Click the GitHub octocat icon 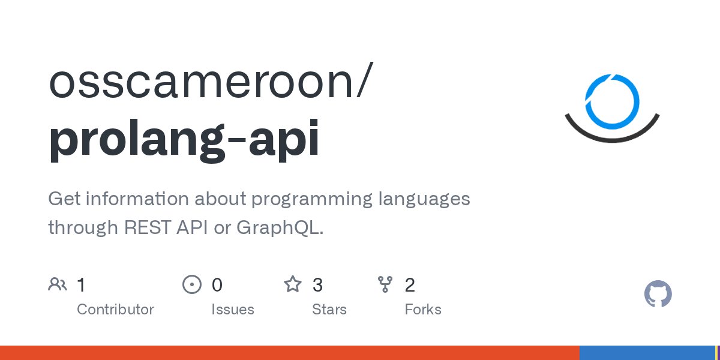coord(658,295)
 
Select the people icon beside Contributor coord(58,284)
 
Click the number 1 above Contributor coord(81,285)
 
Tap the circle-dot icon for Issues coord(191,284)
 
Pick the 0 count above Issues coord(217,285)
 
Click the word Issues coord(232,310)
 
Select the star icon coord(292,284)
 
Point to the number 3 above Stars coord(317,285)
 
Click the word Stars coord(329,310)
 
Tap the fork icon coord(385,284)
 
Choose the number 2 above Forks coord(410,285)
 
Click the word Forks coord(423,310)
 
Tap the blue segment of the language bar coord(647,353)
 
